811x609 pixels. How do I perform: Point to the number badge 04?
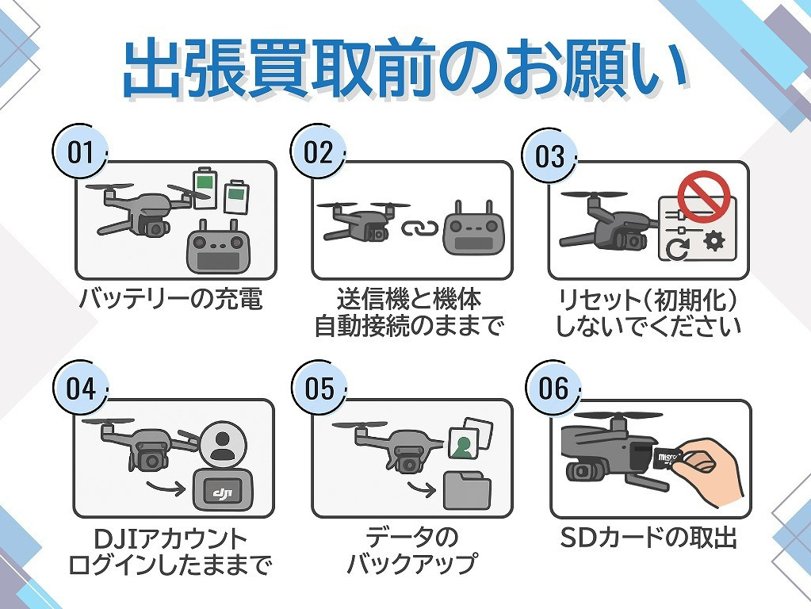pyautogui.click(x=80, y=389)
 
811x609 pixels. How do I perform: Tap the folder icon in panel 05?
pyautogui.click(x=467, y=489)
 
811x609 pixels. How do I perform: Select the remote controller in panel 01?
pyautogui.click(x=216, y=250)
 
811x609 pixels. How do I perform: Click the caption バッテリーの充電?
pyautogui.click(x=170, y=301)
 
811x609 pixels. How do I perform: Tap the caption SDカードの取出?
pyautogui.click(x=648, y=538)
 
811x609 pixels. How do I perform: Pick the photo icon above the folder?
pyautogui.click(x=464, y=441)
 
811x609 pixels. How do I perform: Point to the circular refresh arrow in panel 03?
pyautogui.click(x=675, y=247)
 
